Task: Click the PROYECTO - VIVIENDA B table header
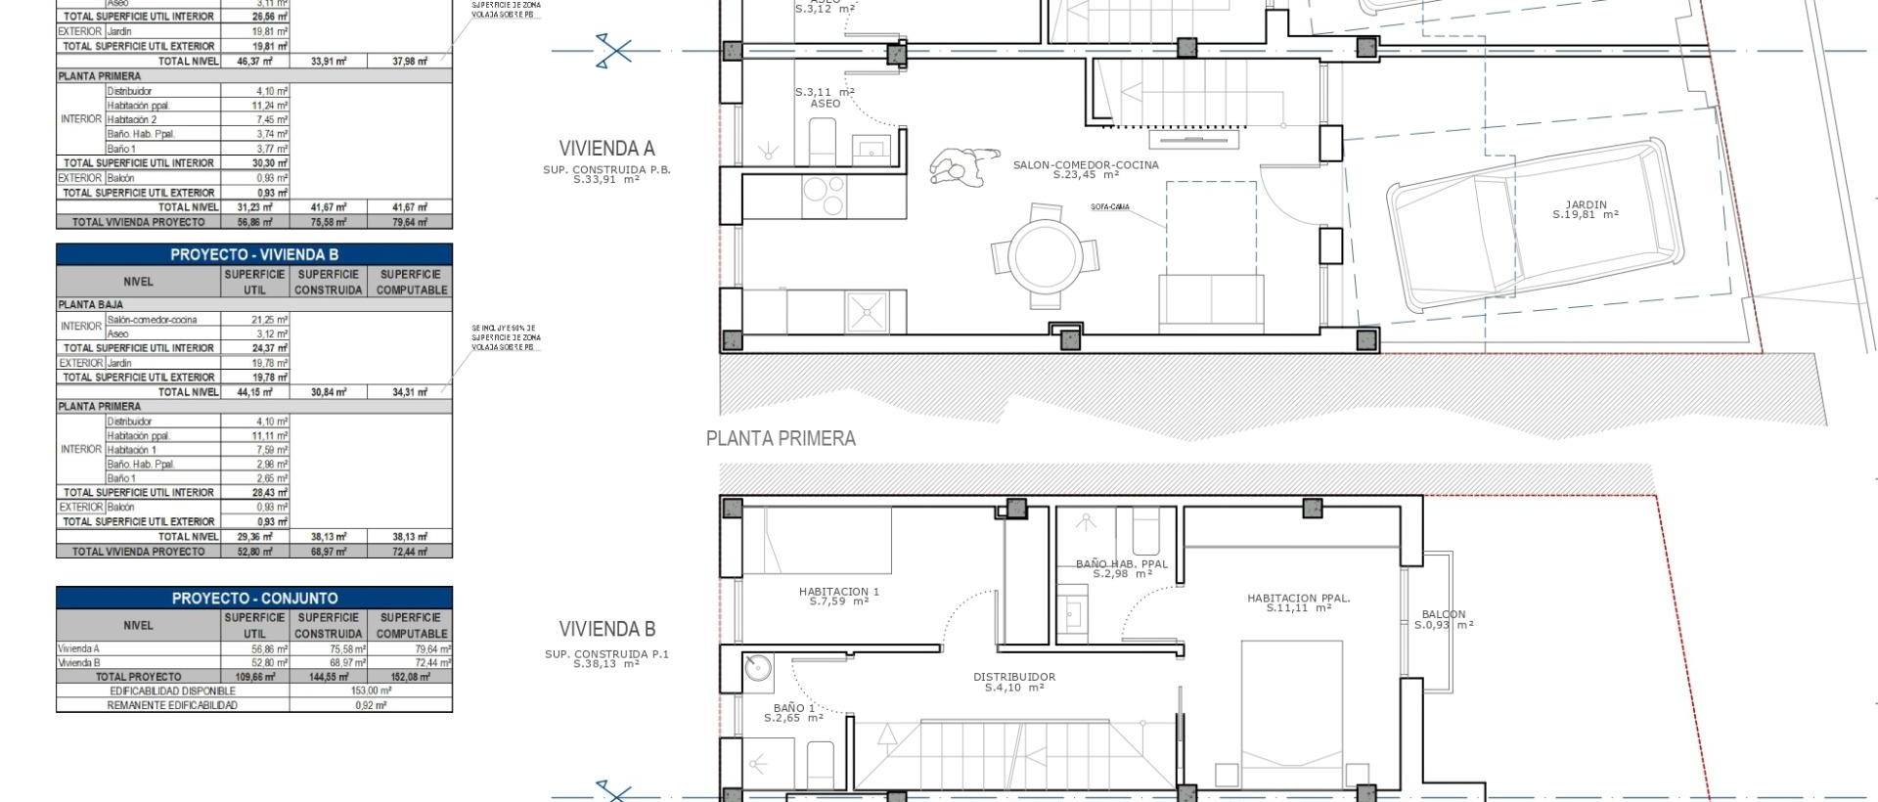(254, 254)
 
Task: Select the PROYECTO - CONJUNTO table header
(254, 598)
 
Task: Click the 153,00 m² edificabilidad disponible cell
(371, 690)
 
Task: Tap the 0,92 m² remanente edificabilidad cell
(371, 704)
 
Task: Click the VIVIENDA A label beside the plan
(606, 149)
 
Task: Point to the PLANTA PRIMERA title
(781, 438)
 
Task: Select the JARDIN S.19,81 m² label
(1585, 209)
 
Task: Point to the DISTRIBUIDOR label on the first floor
(1013, 677)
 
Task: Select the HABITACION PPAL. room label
(1298, 598)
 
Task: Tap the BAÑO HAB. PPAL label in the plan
(1121, 564)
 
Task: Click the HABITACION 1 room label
(838, 592)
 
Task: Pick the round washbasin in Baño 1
(757, 668)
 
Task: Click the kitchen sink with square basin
(866, 312)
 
